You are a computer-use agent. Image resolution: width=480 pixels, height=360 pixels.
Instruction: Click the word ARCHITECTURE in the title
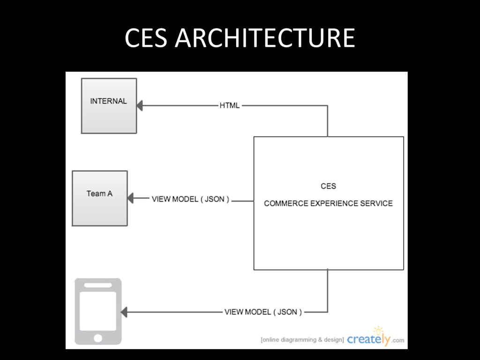(264, 38)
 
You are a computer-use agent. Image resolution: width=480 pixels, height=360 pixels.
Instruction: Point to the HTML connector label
(229, 105)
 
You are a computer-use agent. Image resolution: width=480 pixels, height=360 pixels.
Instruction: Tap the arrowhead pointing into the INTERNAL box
(140, 106)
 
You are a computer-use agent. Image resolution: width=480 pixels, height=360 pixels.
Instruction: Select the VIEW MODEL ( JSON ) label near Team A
(190, 199)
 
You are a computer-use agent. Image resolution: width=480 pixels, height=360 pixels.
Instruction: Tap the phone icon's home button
(98, 337)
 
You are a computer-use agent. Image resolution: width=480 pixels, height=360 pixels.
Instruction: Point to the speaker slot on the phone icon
(98, 285)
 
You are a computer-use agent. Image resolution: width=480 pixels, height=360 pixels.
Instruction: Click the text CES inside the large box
(328, 186)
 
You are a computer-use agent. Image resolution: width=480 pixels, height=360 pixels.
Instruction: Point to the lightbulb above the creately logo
(378, 330)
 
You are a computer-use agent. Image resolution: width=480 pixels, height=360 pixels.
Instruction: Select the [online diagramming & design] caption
(302, 340)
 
